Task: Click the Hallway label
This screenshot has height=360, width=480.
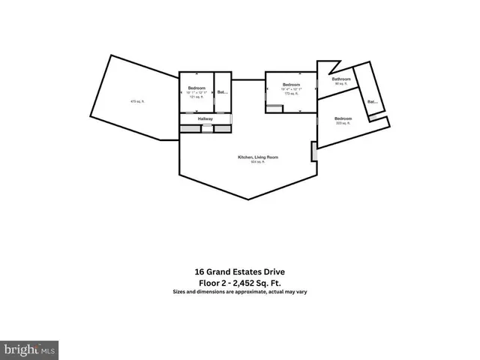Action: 205,118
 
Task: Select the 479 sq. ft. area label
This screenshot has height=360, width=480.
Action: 136,101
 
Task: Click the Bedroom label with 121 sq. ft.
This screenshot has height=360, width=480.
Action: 196,88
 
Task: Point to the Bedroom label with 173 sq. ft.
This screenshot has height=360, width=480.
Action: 291,85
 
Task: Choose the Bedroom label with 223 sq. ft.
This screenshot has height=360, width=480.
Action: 343,118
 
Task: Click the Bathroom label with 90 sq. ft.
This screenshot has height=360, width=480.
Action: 343,79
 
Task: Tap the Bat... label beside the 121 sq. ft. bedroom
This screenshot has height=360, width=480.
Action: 222,92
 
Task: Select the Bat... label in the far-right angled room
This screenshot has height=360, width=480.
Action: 371,101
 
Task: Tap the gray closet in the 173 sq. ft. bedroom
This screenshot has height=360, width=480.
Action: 274,109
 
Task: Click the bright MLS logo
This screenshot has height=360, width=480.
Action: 29,349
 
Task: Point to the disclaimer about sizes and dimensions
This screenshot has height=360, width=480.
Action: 240,292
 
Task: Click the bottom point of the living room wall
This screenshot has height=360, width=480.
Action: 248,199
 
